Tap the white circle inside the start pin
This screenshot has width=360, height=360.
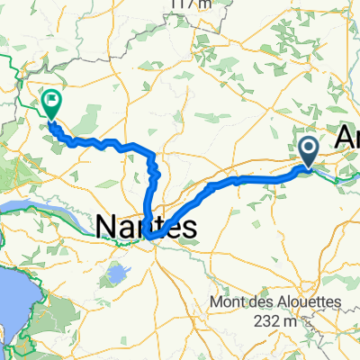point(308,148)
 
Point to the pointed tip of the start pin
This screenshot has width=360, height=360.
point(308,167)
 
